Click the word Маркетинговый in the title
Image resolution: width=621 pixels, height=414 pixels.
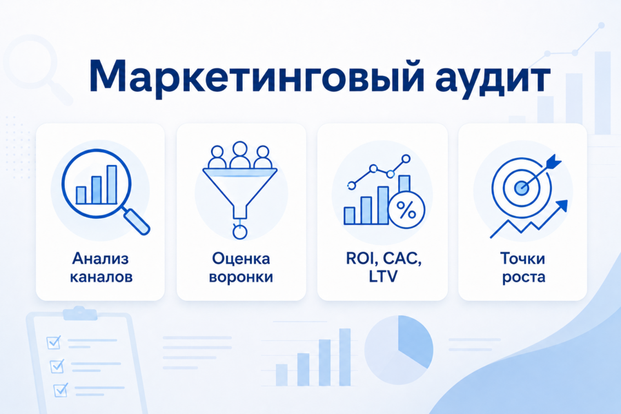(x=257, y=77)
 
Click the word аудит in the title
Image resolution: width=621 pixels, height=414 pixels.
(x=493, y=78)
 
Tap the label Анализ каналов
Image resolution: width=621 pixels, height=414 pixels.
(x=101, y=268)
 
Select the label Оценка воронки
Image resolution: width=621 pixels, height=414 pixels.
(x=241, y=268)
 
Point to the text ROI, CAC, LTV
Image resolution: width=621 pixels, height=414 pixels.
(x=383, y=268)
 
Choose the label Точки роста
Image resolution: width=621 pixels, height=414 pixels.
(x=523, y=268)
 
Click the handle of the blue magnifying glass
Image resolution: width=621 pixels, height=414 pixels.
(x=137, y=221)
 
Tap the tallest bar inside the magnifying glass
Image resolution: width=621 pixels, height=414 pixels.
(x=112, y=185)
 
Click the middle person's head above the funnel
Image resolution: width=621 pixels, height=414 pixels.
(x=239, y=149)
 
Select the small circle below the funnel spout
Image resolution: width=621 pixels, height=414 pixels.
(x=239, y=232)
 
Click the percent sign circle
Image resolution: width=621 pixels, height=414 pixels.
(x=406, y=210)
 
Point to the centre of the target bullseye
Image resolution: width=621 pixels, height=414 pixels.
(x=521, y=188)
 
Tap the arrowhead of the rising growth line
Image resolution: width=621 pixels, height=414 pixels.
(x=562, y=206)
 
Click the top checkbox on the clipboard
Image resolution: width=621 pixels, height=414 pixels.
(x=53, y=342)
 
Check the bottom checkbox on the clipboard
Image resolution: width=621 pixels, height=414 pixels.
(x=61, y=390)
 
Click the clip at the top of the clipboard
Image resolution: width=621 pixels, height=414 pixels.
(x=80, y=313)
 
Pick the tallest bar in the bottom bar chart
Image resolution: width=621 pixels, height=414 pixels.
(x=344, y=357)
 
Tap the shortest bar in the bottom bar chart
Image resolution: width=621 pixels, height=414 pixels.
(x=282, y=375)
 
